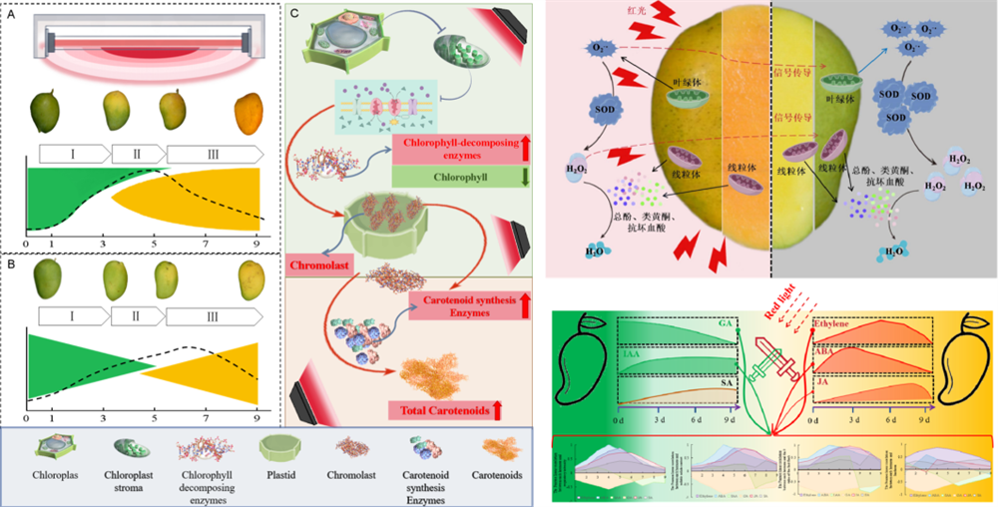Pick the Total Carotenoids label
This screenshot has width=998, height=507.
tap(447, 410)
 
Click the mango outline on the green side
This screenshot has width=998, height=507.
tap(584, 369)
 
